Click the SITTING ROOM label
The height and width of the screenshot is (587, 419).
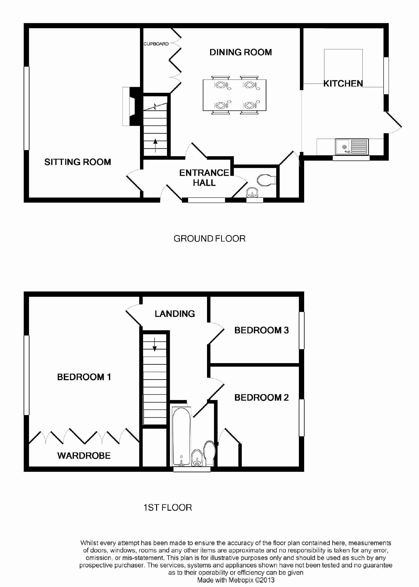[78, 162]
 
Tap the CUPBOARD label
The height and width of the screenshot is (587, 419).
[156, 44]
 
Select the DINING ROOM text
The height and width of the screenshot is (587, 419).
[241, 52]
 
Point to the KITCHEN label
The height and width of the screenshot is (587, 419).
[343, 83]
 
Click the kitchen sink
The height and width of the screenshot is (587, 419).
[352, 147]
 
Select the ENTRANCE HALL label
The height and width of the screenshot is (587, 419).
[204, 177]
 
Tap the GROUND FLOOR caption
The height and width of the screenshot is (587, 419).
[209, 238]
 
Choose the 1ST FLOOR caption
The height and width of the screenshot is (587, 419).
[168, 508]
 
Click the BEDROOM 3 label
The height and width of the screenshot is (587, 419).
[262, 330]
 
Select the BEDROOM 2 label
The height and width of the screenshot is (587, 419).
[262, 398]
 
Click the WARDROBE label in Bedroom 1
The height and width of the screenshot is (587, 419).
[84, 456]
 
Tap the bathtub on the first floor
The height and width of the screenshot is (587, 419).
[182, 437]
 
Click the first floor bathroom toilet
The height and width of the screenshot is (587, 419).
[209, 453]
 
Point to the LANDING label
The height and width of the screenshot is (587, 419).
[175, 314]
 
